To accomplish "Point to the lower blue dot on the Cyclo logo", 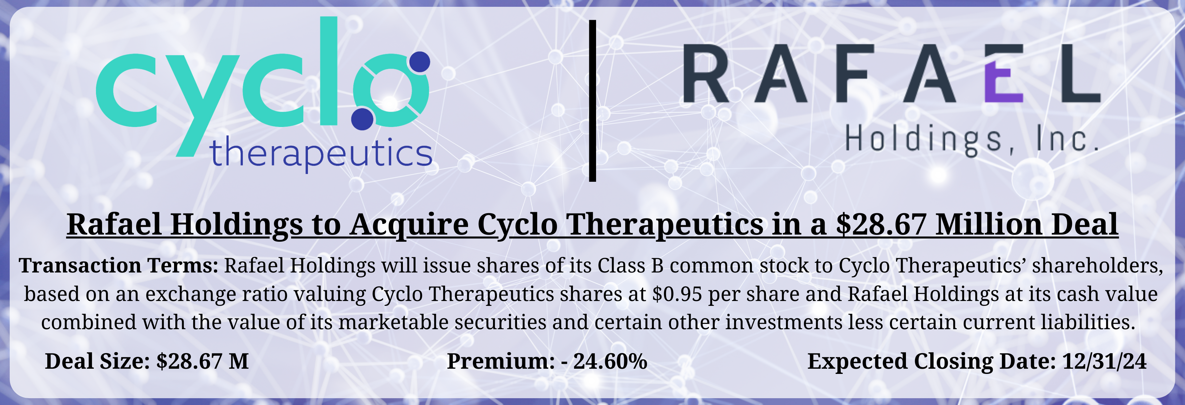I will click(362, 119).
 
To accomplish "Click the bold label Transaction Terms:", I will click(118, 266).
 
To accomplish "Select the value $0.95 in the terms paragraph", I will click(677, 294).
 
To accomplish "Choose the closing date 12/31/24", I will click(1104, 361).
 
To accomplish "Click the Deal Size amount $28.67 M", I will click(202, 361).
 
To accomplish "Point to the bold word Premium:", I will click(500, 361).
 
